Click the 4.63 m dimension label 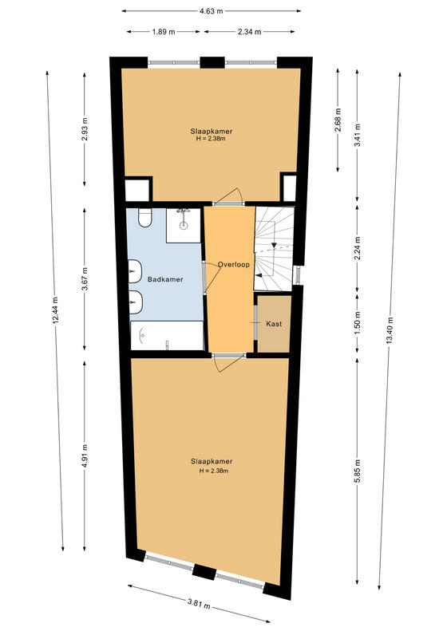click(x=211, y=11)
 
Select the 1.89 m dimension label click(x=164, y=32)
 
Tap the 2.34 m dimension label click(x=249, y=32)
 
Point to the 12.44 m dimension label click(x=56, y=310)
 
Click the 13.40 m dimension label click(x=390, y=330)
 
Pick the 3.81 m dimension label click(x=199, y=604)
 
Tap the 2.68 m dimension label click(x=338, y=120)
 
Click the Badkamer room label click(x=165, y=279)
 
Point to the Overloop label click(x=234, y=265)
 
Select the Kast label click(x=274, y=324)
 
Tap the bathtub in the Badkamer click(x=167, y=336)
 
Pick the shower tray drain click(x=184, y=226)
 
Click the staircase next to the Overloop click(x=274, y=248)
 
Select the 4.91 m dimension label click(x=85, y=456)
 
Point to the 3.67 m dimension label click(x=85, y=278)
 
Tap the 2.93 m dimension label click(x=85, y=128)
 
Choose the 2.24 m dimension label click(x=358, y=247)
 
